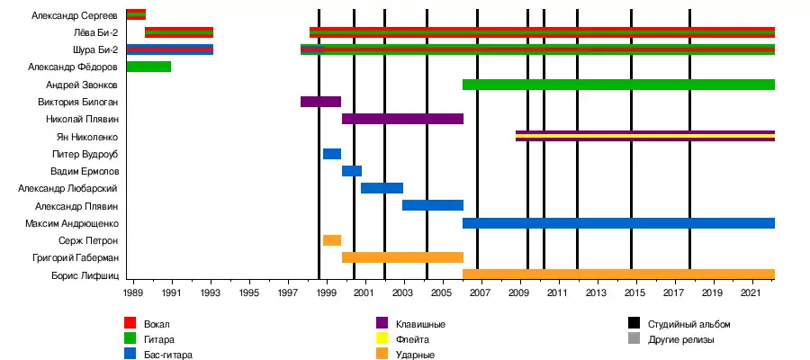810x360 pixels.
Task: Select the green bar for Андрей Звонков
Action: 618,85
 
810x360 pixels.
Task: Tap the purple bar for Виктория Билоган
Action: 320,102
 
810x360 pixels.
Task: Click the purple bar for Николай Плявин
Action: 402,119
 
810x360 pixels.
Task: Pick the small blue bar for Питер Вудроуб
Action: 331,154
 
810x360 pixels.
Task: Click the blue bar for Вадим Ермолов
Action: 351,171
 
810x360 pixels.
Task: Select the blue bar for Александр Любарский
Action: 382,188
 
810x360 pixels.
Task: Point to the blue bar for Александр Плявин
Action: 432,205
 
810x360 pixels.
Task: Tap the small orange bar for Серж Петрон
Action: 331,240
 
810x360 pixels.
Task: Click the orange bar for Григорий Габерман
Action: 402,257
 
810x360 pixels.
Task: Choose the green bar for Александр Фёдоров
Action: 148,67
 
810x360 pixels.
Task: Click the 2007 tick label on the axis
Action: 480,294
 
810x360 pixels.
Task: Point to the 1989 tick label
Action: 133,294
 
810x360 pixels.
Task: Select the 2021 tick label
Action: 751,294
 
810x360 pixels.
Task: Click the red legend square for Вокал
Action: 130,323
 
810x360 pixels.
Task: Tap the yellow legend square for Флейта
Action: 382,339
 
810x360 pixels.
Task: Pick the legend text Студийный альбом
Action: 688,324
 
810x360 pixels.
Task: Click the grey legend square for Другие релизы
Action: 634,339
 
